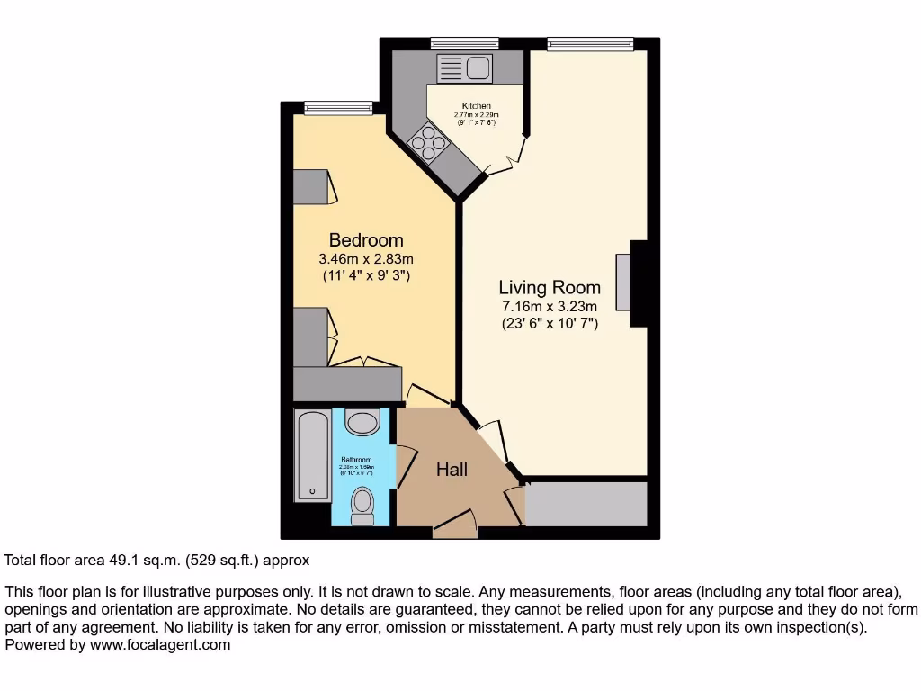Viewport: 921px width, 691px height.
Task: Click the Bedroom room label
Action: (x=365, y=240)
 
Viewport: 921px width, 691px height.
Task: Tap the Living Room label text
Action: (x=550, y=288)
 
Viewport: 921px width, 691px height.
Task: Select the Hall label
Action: (x=452, y=469)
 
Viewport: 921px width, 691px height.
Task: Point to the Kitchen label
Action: (x=476, y=106)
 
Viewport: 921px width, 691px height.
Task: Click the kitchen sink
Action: (x=462, y=67)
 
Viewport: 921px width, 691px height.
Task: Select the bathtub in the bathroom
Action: (x=312, y=456)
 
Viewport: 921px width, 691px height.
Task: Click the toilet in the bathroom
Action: (x=362, y=505)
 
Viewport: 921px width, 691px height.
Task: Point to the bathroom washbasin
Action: (x=362, y=422)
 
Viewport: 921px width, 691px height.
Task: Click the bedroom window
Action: (x=338, y=108)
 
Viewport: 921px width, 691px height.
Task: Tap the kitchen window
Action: (x=464, y=43)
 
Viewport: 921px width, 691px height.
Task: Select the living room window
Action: (x=590, y=43)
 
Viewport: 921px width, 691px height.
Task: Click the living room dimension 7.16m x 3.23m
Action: (x=550, y=307)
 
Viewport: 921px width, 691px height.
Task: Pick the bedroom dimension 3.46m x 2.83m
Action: (x=365, y=259)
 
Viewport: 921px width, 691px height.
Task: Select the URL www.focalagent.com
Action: (x=159, y=644)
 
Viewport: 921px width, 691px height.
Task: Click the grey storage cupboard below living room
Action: (x=586, y=504)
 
